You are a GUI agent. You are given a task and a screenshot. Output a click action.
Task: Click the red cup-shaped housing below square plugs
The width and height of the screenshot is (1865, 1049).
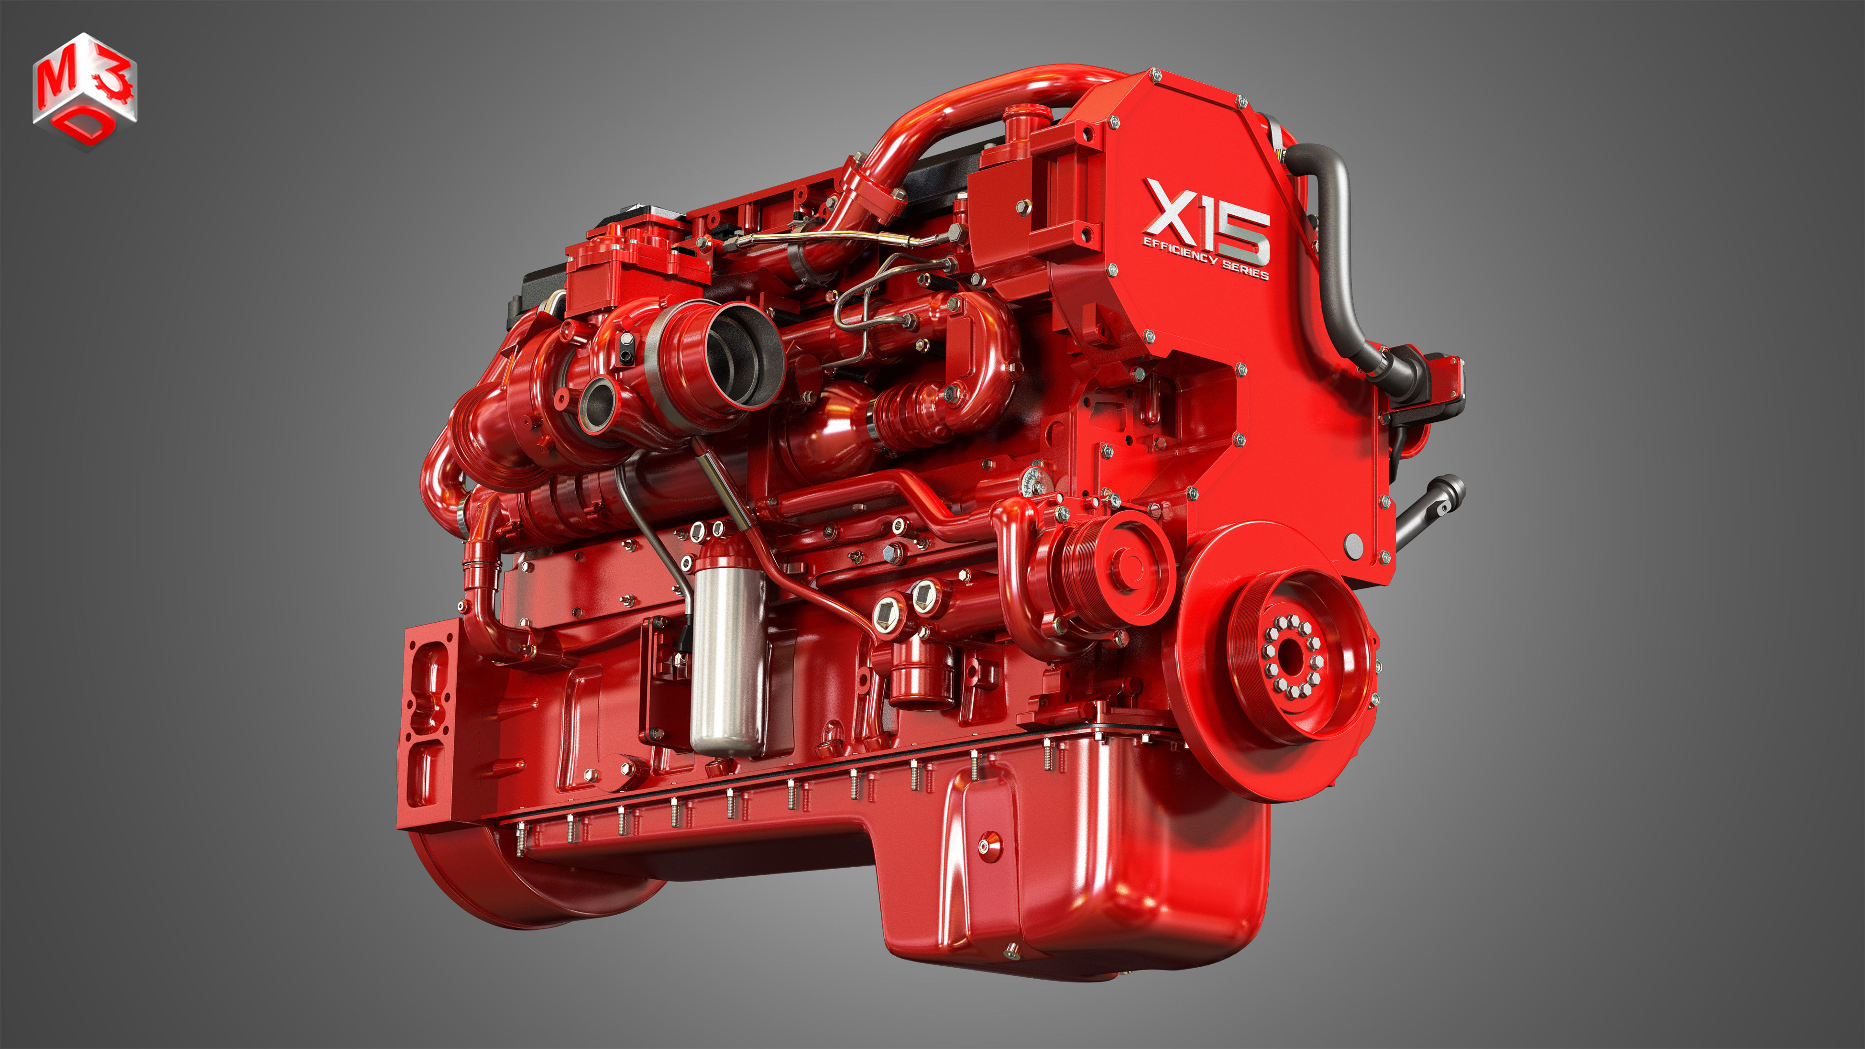(x=920, y=677)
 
